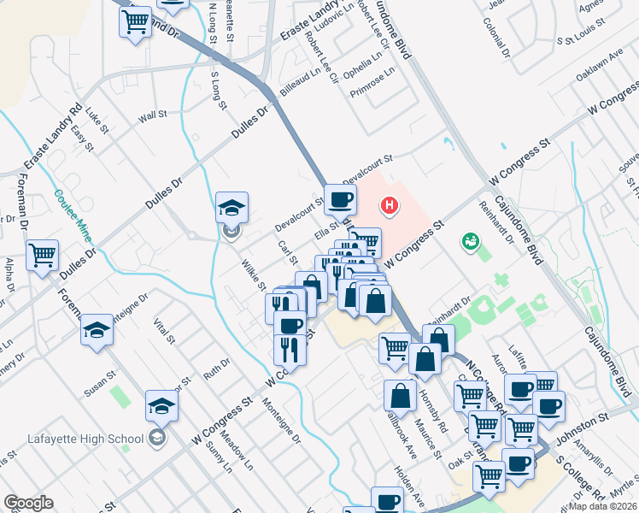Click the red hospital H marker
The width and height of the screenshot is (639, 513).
point(390,205)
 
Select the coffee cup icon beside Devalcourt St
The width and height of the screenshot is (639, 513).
point(340,200)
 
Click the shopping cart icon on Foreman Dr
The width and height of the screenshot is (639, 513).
point(42,254)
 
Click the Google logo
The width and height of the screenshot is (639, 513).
point(28,503)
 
